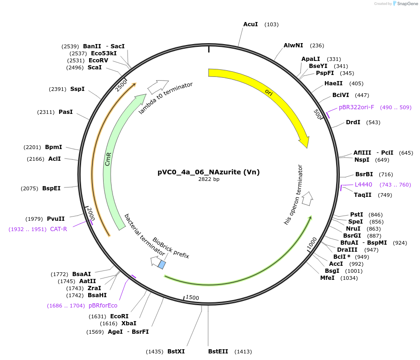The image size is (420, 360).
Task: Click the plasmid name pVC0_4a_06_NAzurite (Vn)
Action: [208, 172]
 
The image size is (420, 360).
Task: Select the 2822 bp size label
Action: [209, 180]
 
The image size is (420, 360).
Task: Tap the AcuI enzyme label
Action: [250, 24]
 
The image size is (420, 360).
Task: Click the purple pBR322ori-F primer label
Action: [356, 107]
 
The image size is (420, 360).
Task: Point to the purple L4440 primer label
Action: [363, 185]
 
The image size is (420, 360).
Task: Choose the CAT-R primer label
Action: [59, 229]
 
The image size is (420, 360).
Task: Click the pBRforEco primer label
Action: [103, 306]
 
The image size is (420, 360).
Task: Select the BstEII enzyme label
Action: [218, 351]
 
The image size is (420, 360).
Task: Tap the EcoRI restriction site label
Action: [119, 316]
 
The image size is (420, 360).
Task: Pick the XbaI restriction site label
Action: [129, 323]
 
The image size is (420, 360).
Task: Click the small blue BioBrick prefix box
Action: [162, 265]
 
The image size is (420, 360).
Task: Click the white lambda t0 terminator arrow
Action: [157, 86]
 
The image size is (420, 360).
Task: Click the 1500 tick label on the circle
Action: [192, 298]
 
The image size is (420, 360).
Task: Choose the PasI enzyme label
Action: [66, 112]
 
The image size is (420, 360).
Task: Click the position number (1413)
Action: [243, 351]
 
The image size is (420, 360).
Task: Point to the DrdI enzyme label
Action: [353, 122]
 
